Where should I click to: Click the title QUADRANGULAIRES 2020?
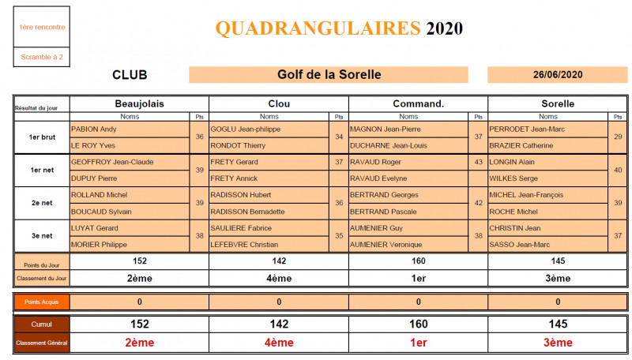click(339, 29)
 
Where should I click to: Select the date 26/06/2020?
click(558, 75)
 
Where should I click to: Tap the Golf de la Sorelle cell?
click(329, 75)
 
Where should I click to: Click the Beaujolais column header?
click(139, 103)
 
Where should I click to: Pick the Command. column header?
click(418, 103)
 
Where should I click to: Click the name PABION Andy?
click(94, 129)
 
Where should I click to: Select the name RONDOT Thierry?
click(237, 145)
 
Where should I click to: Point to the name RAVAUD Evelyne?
click(374, 178)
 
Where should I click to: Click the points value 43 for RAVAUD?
click(478, 162)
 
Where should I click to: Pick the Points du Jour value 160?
click(418, 261)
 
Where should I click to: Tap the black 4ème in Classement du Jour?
click(278, 278)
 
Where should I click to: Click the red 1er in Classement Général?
click(418, 343)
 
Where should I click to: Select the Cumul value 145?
click(558, 324)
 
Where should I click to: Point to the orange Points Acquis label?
click(42, 302)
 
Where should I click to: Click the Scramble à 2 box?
click(42, 57)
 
